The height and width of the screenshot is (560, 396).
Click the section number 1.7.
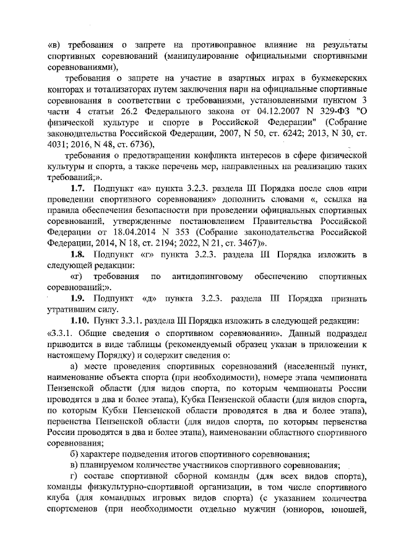pos(79,187)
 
